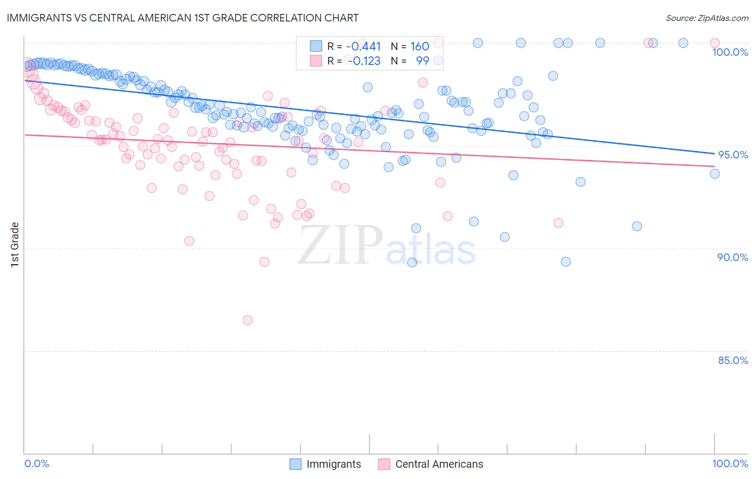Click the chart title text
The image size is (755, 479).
point(183,18)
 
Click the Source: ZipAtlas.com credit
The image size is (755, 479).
point(707,18)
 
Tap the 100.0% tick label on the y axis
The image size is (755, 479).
point(730,52)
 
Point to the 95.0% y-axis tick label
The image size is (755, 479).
point(733,155)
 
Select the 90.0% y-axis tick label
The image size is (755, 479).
point(732,257)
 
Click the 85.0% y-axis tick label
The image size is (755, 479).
point(732,360)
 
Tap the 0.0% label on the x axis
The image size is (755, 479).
point(37,463)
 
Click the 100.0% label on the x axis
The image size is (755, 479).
point(730,463)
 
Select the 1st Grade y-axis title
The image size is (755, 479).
point(15,244)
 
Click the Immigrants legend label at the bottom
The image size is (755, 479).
point(333,465)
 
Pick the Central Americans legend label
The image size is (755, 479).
point(439,465)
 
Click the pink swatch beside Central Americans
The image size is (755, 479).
point(384,465)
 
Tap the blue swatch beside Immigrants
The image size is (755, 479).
point(295,465)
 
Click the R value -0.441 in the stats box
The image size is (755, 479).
point(364,47)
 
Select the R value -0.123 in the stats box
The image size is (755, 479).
point(364,61)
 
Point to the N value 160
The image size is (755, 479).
point(419,47)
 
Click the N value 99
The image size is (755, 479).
point(422,61)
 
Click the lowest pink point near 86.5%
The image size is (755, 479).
point(248,320)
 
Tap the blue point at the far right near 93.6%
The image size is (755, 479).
point(714,173)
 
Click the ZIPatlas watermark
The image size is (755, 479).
point(387,245)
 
